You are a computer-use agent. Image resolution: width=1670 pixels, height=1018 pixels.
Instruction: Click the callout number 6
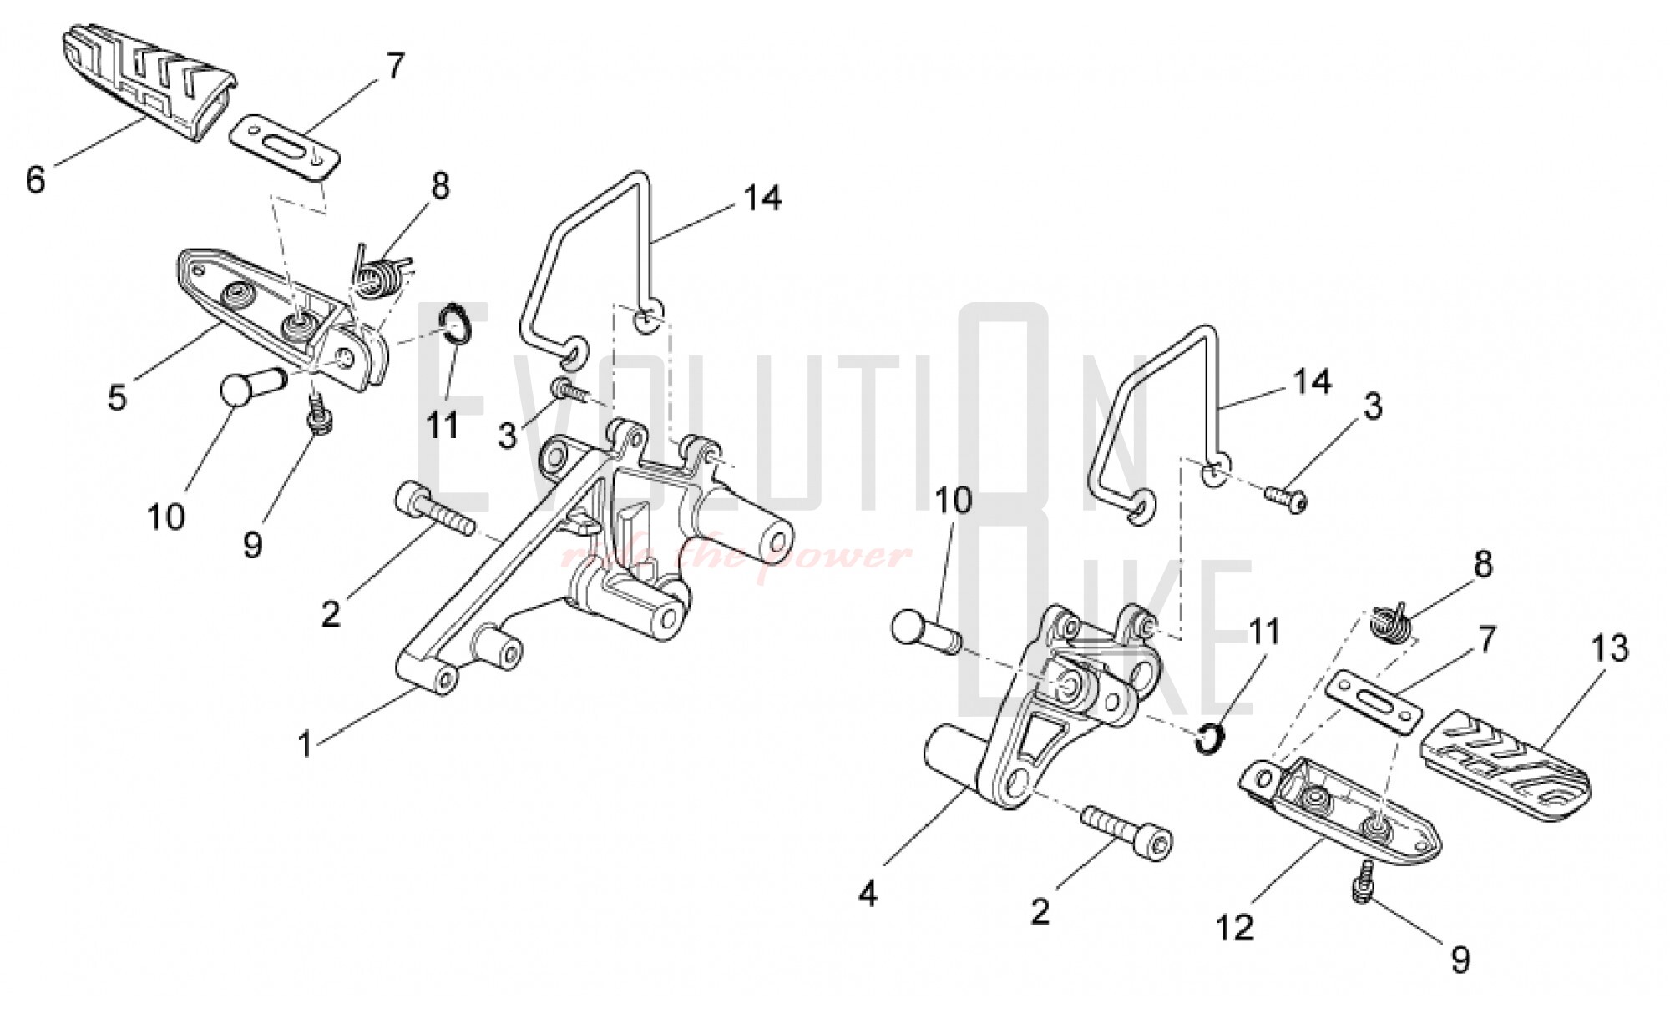click(35, 179)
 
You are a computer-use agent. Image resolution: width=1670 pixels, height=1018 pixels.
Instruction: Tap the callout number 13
click(1610, 648)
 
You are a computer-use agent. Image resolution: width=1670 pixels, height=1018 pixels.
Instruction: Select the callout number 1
click(306, 744)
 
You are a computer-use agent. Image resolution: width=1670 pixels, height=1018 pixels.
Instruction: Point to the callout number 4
click(868, 895)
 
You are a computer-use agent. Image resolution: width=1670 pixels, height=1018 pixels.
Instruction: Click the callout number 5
click(117, 397)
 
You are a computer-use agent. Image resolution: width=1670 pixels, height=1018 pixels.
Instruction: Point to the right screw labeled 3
click(1287, 499)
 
